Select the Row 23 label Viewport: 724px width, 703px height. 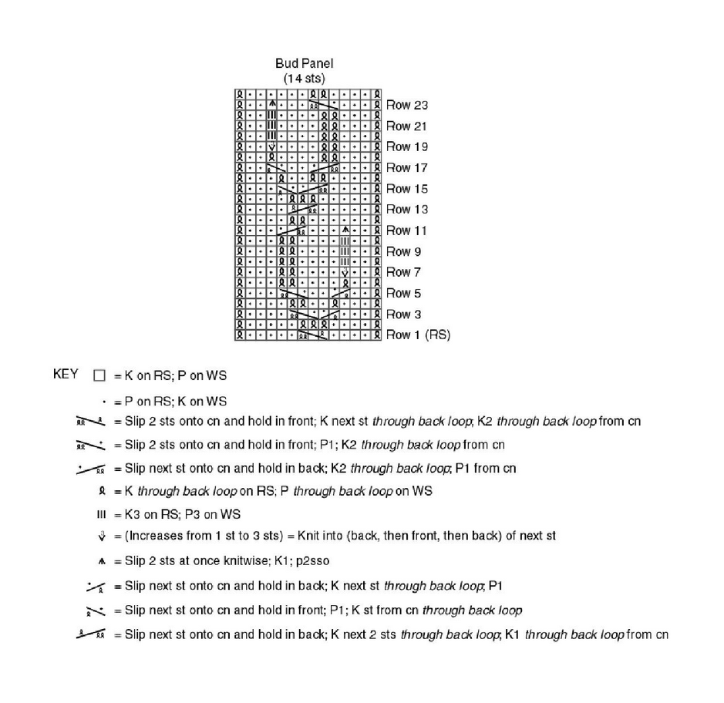tap(406, 106)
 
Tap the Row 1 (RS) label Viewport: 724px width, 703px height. tap(418, 335)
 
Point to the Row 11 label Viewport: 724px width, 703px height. tap(406, 230)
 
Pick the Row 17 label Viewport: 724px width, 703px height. tap(406, 168)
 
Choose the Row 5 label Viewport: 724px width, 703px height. tap(403, 294)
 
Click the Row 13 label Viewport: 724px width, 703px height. tap(406, 210)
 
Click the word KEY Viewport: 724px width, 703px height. tap(66, 375)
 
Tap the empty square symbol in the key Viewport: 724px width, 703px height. tap(98, 375)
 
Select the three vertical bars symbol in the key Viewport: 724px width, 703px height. tap(98, 514)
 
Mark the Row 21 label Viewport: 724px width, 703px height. tap(406, 126)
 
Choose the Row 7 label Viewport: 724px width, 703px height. tap(403, 272)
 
